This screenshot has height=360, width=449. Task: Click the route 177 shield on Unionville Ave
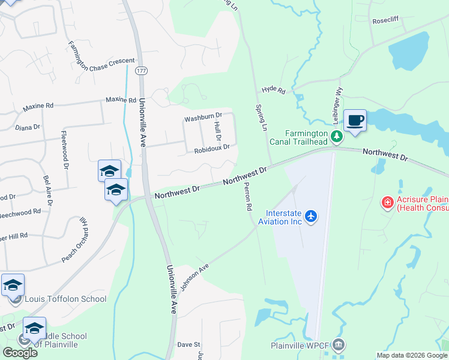coord(141,71)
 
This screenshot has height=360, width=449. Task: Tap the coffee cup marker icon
coord(355,120)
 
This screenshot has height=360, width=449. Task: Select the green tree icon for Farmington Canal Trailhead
coord(337,137)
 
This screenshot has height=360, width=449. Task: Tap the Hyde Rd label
coord(273,89)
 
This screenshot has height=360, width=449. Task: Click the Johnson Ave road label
coord(194,275)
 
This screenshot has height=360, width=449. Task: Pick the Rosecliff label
coord(385,20)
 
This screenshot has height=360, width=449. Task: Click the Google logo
coord(20,353)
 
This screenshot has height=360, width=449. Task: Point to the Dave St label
coord(188,345)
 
